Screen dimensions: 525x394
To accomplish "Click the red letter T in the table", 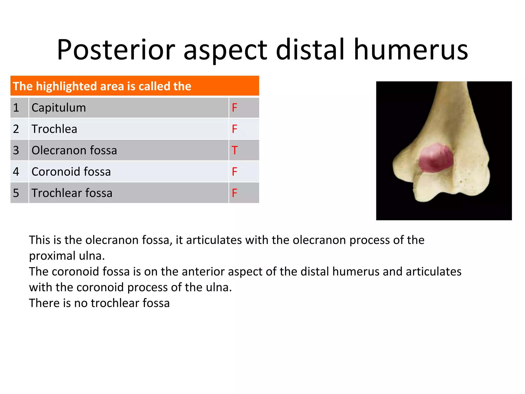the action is (x=235, y=150).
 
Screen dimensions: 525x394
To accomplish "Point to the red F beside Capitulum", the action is (x=234, y=108).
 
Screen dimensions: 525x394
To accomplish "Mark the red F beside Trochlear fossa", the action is (x=234, y=193).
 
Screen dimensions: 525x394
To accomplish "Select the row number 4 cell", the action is (x=16, y=172).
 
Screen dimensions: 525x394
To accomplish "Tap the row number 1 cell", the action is (x=16, y=108).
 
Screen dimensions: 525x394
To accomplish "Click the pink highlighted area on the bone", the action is (x=436, y=158).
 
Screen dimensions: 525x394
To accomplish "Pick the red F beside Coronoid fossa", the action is (x=234, y=172).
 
